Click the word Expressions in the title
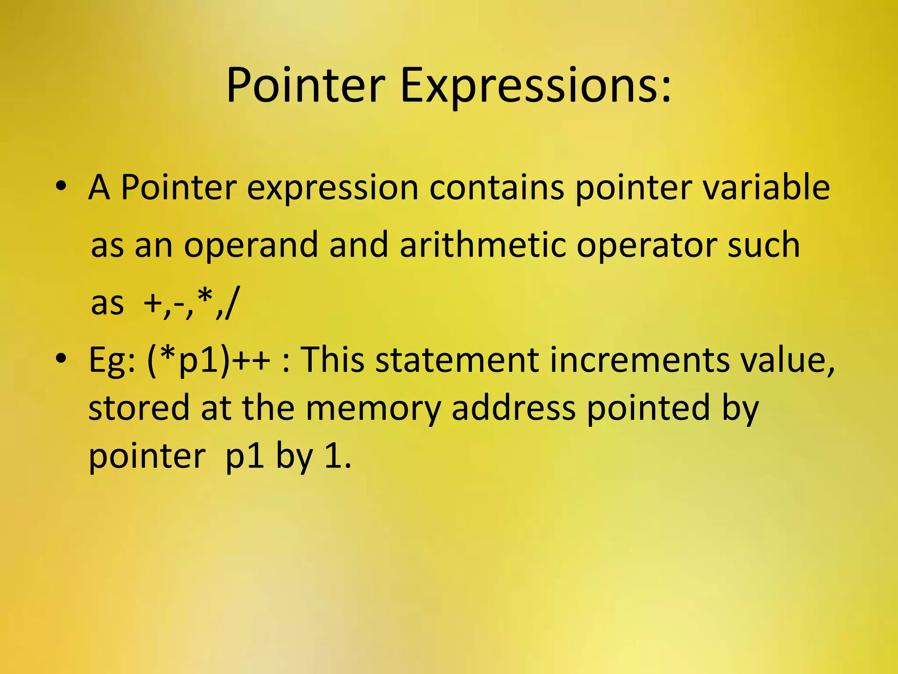pos(535,86)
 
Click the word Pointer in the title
pos(305,86)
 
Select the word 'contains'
pos(496,188)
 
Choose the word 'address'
pos(513,407)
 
